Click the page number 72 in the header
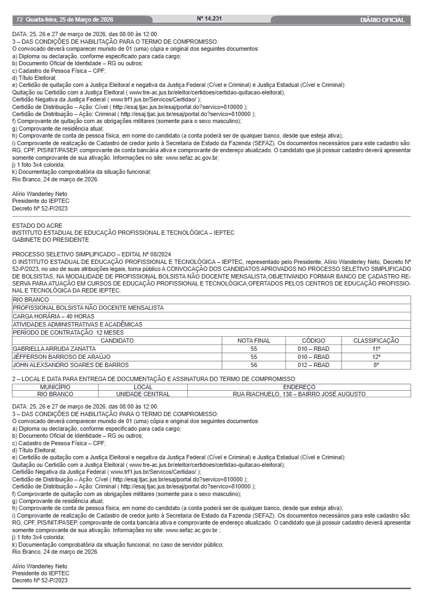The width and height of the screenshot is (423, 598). [19, 20]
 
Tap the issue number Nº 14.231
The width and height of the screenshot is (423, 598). [209, 19]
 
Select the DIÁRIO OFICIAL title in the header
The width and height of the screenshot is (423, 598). [382, 20]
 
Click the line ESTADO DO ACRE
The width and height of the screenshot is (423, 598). [37, 225]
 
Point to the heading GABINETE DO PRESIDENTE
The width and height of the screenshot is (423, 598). [51, 239]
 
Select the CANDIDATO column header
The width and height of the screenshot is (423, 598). [117, 341]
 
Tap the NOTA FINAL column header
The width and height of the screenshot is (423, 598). [254, 341]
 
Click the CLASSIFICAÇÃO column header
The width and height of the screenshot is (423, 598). [376, 341]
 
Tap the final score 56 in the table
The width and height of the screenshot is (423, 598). [254, 365]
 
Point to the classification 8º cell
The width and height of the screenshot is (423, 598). [376, 365]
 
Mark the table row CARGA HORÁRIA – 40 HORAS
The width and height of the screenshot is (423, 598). [53, 316]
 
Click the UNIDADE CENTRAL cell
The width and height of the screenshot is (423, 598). [143, 394]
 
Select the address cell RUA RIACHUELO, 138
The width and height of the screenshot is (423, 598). [299, 394]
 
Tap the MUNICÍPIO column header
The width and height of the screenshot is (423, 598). [55, 387]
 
